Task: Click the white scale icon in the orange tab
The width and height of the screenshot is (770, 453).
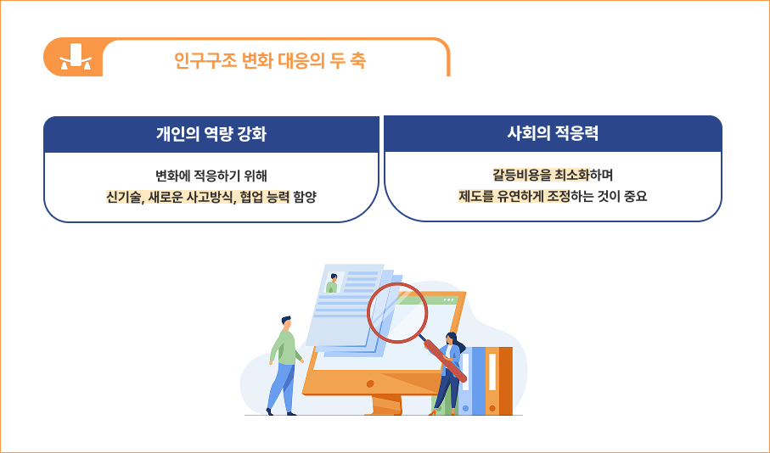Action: [x=76, y=57]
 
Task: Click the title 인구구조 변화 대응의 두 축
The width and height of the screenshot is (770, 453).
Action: [x=270, y=60]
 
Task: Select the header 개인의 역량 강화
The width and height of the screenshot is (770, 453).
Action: [x=211, y=134]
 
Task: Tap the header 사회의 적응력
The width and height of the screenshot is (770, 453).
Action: [x=553, y=133]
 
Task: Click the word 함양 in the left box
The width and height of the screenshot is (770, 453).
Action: [x=305, y=197]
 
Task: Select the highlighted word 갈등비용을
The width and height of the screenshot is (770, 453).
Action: [x=522, y=176]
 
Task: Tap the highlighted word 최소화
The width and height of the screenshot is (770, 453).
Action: [x=571, y=176]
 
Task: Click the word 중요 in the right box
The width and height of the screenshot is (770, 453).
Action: [x=636, y=196]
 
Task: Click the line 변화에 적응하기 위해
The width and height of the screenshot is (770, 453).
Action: [x=211, y=176]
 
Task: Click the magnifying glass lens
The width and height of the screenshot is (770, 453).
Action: [x=397, y=312]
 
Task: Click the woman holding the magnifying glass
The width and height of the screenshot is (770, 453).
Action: [x=448, y=374]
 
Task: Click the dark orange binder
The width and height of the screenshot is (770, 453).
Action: [x=506, y=381]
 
